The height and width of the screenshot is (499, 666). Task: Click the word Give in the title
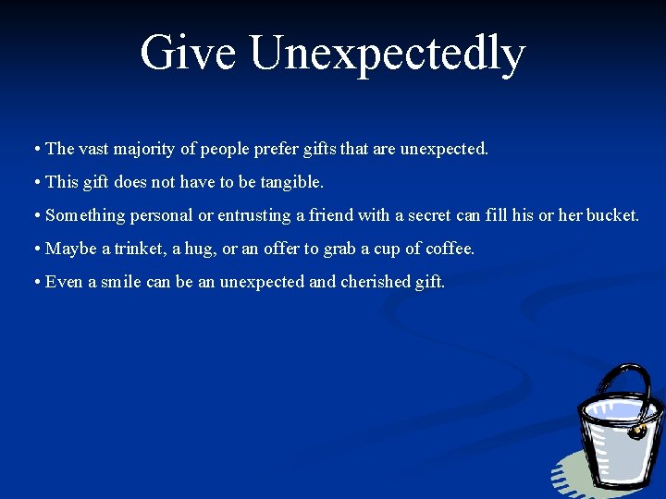[x=188, y=53]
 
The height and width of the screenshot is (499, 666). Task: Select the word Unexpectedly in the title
[x=387, y=55]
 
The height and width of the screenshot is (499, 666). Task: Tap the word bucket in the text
[x=611, y=215]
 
